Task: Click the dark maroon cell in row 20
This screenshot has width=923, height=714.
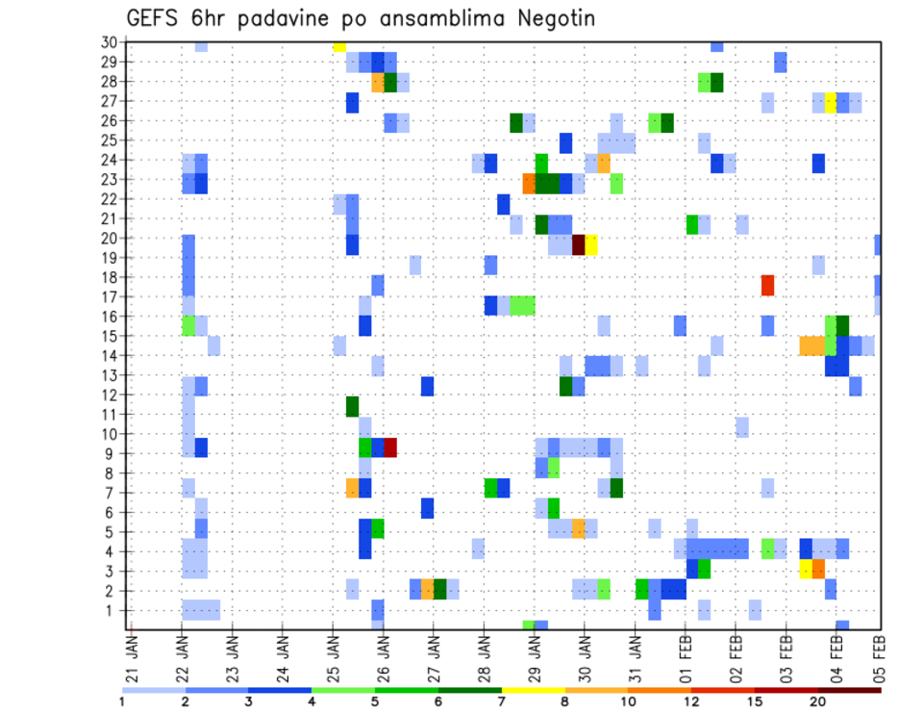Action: point(579,244)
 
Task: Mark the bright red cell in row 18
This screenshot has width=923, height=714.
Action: point(767,285)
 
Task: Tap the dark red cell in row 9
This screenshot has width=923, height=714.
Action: point(390,447)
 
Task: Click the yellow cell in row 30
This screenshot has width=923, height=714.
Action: point(339,46)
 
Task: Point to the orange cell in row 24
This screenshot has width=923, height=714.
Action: point(604,163)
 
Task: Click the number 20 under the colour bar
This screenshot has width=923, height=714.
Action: point(817,701)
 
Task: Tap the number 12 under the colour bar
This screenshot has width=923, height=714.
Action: point(691,701)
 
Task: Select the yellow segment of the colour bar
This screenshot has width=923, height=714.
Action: point(533,689)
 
